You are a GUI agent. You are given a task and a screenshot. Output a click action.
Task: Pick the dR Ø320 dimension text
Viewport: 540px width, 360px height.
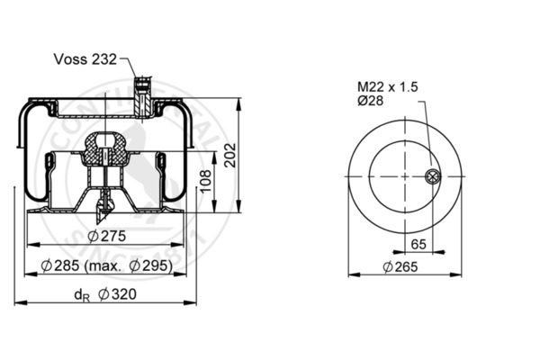[106, 295]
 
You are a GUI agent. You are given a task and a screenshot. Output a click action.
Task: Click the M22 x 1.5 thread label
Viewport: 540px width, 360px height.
[387, 86]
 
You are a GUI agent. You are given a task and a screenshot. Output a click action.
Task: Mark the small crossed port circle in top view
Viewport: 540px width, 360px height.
[433, 176]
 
